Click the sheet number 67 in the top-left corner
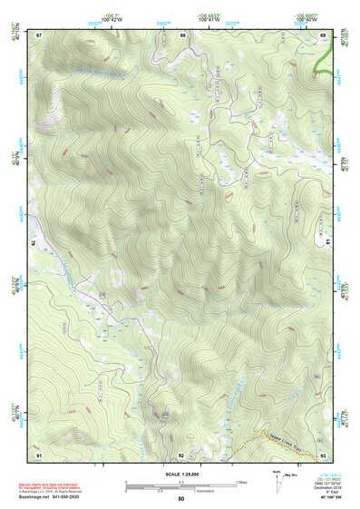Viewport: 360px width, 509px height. tap(39, 34)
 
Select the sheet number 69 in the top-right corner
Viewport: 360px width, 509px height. tap(323, 34)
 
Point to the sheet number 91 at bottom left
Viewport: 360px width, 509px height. tap(39, 455)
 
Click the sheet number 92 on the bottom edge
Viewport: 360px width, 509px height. tap(181, 455)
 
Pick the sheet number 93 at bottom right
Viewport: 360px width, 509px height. tap(323, 455)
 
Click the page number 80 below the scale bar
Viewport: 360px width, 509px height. tap(181, 499)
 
